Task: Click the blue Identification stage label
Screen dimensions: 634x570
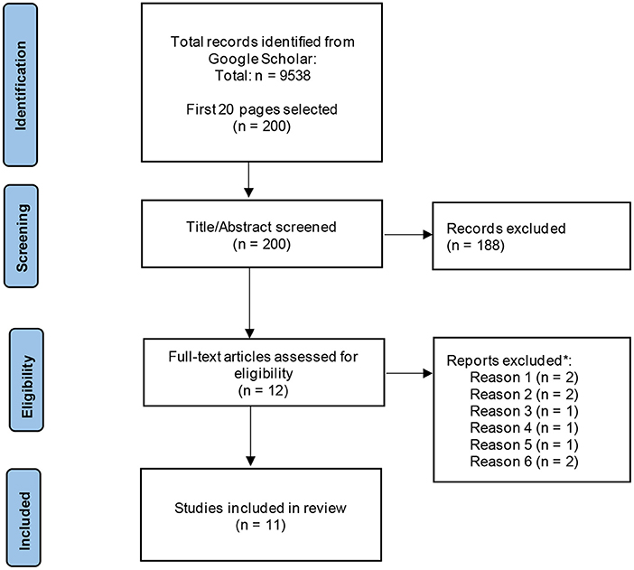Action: (x=21, y=85)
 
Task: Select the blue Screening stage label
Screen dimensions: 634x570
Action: (x=22, y=237)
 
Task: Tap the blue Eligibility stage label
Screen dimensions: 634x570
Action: (x=27, y=380)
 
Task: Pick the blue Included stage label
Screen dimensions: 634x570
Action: (x=23, y=519)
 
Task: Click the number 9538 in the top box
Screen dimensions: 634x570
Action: (x=295, y=76)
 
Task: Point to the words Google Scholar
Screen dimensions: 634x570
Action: (x=261, y=59)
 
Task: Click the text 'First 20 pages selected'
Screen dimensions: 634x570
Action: (x=262, y=109)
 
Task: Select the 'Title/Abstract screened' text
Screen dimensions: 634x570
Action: (x=261, y=227)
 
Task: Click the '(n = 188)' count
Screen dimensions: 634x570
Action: (x=475, y=245)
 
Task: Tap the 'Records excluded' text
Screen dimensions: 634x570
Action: (x=506, y=229)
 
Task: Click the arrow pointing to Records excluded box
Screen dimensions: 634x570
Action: (x=407, y=234)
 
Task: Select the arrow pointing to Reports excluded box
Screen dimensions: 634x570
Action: (x=409, y=373)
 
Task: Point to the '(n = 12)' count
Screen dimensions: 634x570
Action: (x=263, y=390)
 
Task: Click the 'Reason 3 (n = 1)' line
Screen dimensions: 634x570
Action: (x=524, y=411)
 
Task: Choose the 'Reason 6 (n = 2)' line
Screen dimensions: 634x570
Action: (x=524, y=462)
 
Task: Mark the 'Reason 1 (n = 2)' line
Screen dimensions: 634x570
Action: (x=524, y=378)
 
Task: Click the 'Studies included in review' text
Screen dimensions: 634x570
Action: (x=260, y=508)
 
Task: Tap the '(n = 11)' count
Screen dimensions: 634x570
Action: (x=261, y=525)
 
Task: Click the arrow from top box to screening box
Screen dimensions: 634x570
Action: (x=248, y=180)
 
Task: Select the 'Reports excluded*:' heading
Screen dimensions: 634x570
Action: (x=509, y=360)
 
